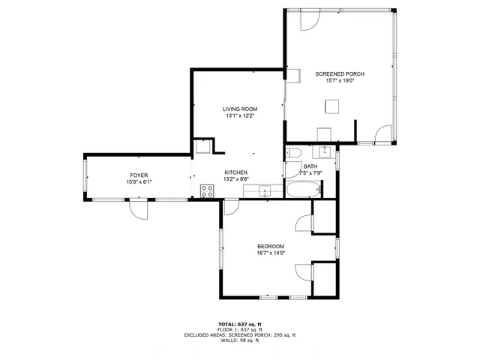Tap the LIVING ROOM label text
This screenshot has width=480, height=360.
240,109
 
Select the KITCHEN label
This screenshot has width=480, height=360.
236,172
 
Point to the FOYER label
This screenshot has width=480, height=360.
139,175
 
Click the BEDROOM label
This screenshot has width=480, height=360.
271,246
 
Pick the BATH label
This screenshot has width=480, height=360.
310,166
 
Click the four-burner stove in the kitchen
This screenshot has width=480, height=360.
207,190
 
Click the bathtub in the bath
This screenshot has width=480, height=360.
304,190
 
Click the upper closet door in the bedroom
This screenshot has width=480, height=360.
304,223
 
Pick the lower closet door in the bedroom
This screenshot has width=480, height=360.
304,271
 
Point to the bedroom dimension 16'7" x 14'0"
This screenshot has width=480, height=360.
271,253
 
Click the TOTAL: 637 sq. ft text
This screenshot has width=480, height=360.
240,323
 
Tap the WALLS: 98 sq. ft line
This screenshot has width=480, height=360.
240,340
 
